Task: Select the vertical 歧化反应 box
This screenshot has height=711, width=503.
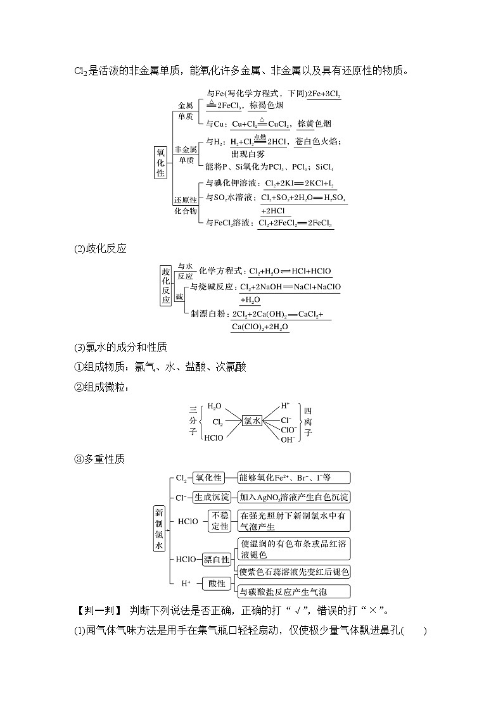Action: point(166,286)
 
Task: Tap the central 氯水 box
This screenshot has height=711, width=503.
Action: point(251,420)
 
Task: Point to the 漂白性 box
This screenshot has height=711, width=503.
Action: point(217,560)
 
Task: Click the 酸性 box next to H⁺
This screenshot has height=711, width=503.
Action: point(217,583)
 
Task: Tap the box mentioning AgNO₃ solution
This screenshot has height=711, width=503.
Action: point(293,497)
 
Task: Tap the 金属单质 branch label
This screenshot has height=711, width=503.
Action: point(186,111)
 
